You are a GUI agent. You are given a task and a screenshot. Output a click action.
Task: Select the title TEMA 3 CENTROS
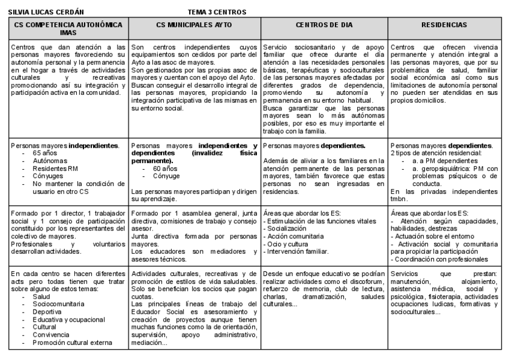coord(217,12)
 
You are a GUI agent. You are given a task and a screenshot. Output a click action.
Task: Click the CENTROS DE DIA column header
coord(324,25)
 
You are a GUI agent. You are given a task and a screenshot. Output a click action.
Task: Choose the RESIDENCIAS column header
coord(445,25)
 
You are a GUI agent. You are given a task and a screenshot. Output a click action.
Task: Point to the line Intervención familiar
coord(295,253)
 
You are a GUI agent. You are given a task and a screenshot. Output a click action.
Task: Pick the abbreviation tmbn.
coord(399,199)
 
